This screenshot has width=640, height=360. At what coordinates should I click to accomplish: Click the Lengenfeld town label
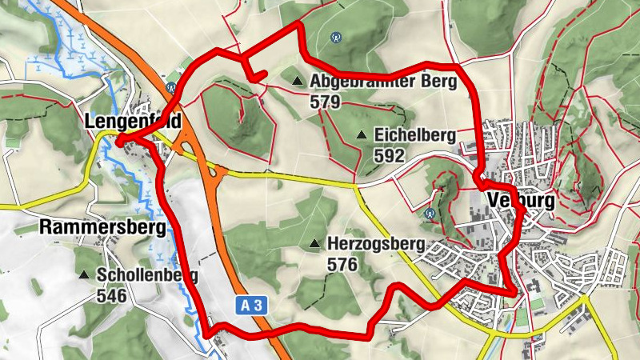click(133, 122)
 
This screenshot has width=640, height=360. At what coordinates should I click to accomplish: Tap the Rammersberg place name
click(102, 228)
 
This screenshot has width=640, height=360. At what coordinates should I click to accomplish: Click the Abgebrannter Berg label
click(382, 82)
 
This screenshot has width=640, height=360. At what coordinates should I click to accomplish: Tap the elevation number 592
click(389, 156)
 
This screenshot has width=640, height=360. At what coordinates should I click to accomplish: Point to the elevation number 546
click(111, 295)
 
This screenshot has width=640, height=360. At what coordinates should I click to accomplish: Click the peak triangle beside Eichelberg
click(362, 135)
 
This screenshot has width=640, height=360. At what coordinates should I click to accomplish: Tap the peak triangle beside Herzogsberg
click(314, 243)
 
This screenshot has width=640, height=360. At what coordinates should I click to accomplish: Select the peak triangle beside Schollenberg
click(84, 275)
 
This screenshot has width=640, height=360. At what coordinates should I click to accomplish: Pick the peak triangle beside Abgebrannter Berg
click(298, 81)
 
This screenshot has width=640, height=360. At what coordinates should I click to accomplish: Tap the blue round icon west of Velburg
click(430, 214)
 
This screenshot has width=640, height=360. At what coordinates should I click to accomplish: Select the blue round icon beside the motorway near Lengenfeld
click(170, 88)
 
